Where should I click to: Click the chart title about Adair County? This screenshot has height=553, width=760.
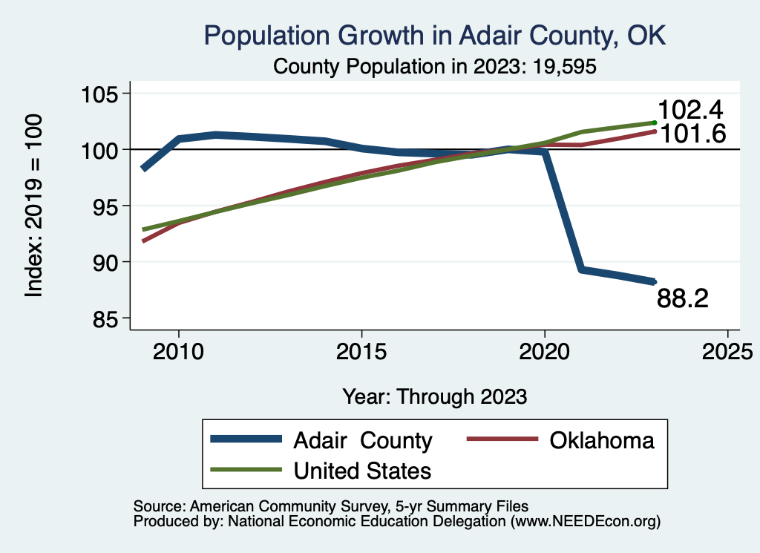click(435, 36)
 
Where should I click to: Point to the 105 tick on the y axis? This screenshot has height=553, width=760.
click(104, 94)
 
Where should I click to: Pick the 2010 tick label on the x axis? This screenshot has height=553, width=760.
click(178, 351)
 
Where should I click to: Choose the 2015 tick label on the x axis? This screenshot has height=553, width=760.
click(361, 351)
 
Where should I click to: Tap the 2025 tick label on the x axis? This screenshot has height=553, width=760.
click(727, 351)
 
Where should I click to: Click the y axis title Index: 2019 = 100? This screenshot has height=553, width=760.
click(33, 206)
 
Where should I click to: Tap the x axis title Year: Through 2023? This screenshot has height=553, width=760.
click(435, 396)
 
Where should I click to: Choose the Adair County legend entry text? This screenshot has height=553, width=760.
click(363, 440)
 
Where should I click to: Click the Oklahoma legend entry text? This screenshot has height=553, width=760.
click(602, 440)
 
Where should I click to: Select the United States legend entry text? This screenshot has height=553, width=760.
click(363, 470)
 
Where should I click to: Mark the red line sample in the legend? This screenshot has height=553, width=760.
click(502, 439)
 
